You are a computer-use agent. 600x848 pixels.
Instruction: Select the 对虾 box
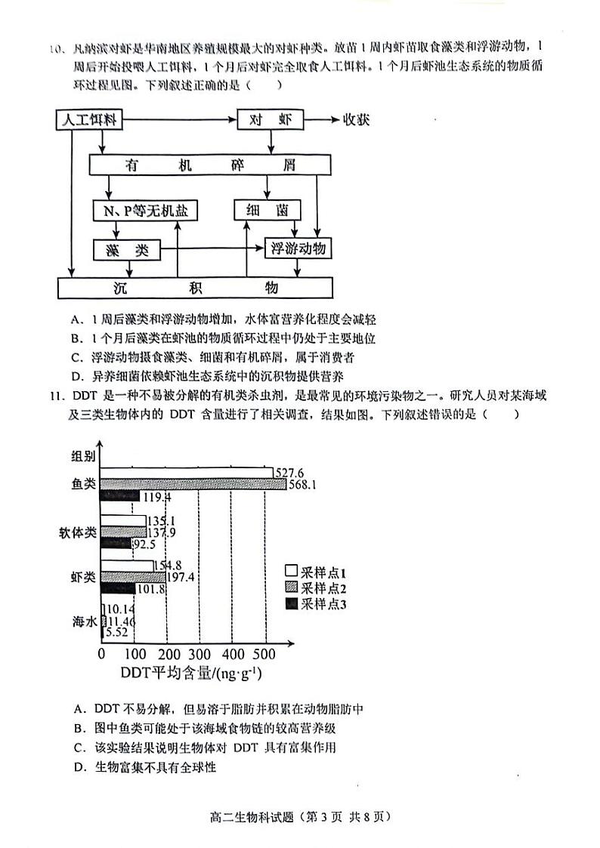click(271, 120)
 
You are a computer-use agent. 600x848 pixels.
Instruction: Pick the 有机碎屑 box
click(211, 165)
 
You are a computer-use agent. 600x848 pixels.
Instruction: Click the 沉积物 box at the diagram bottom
click(195, 288)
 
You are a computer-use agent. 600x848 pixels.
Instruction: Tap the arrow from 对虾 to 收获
click(322, 120)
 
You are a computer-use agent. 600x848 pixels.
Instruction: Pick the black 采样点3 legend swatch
click(291, 603)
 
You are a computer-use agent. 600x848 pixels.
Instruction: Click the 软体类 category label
click(78, 532)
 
